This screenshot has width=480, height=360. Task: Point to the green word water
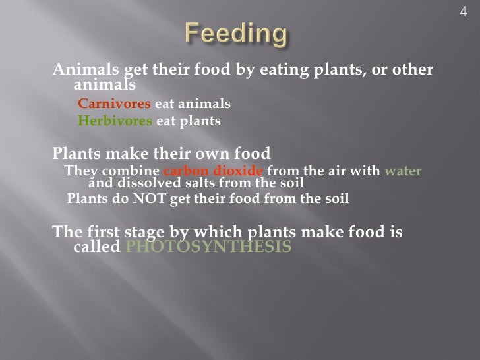point(404,172)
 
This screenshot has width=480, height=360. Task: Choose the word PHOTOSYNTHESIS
point(208,247)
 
